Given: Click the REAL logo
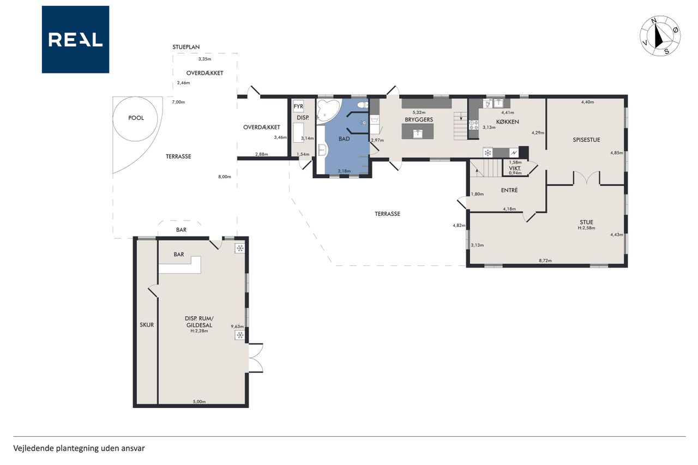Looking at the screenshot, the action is (x=75, y=40).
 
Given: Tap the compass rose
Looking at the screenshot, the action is (x=660, y=36).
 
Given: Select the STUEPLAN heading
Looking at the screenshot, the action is (x=186, y=47).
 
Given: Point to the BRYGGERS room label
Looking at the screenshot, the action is (x=419, y=119).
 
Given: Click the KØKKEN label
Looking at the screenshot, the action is (x=507, y=122).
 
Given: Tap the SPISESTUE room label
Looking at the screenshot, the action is (x=586, y=140).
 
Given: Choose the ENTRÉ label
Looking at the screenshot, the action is (x=509, y=190).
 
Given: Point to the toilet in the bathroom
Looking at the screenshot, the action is (x=363, y=105).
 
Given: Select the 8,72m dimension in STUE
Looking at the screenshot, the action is (x=545, y=261).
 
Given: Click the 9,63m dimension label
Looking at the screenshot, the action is (x=237, y=327).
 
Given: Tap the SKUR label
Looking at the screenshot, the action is (x=147, y=325).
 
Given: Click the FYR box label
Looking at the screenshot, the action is (x=298, y=106).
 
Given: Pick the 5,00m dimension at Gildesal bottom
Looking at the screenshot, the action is (x=199, y=401).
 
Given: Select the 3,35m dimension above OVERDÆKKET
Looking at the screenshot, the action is (x=204, y=59).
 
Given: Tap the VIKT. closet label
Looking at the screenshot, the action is (x=515, y=168).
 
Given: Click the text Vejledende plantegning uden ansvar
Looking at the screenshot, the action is (x=79, y=448).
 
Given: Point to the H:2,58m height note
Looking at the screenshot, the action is (x=586, y=228).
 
